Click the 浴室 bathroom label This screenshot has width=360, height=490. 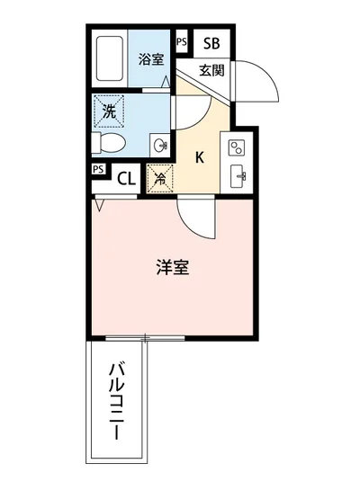[x=150, y=60]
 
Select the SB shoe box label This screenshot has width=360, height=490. [x=211, y=43]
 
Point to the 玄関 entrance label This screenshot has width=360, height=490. [x=211, y=70]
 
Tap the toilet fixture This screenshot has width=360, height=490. [x=109, y=143]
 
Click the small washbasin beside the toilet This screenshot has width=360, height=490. [x=159, y=144]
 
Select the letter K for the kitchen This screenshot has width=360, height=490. [x=200, y=156]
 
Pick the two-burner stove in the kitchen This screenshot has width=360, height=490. [x=239, y=147]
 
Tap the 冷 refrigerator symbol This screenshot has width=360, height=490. [x=159, y=178]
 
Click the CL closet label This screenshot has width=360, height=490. [x=126, y=178]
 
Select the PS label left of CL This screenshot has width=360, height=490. [x=97, y=168]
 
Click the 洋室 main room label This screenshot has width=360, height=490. [x=172, y=267]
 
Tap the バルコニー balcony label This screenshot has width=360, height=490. [x=116, y=399]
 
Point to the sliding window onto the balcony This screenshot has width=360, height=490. [x=144, y=338]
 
